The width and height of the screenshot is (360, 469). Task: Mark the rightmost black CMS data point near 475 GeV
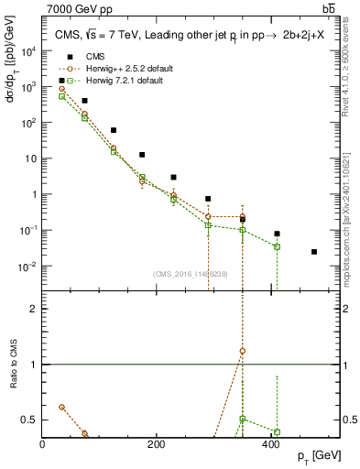pos(314,252)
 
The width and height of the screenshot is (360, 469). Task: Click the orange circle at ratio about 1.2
pos(243,351)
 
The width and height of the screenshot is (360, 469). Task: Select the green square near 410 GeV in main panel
pos(277,246)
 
